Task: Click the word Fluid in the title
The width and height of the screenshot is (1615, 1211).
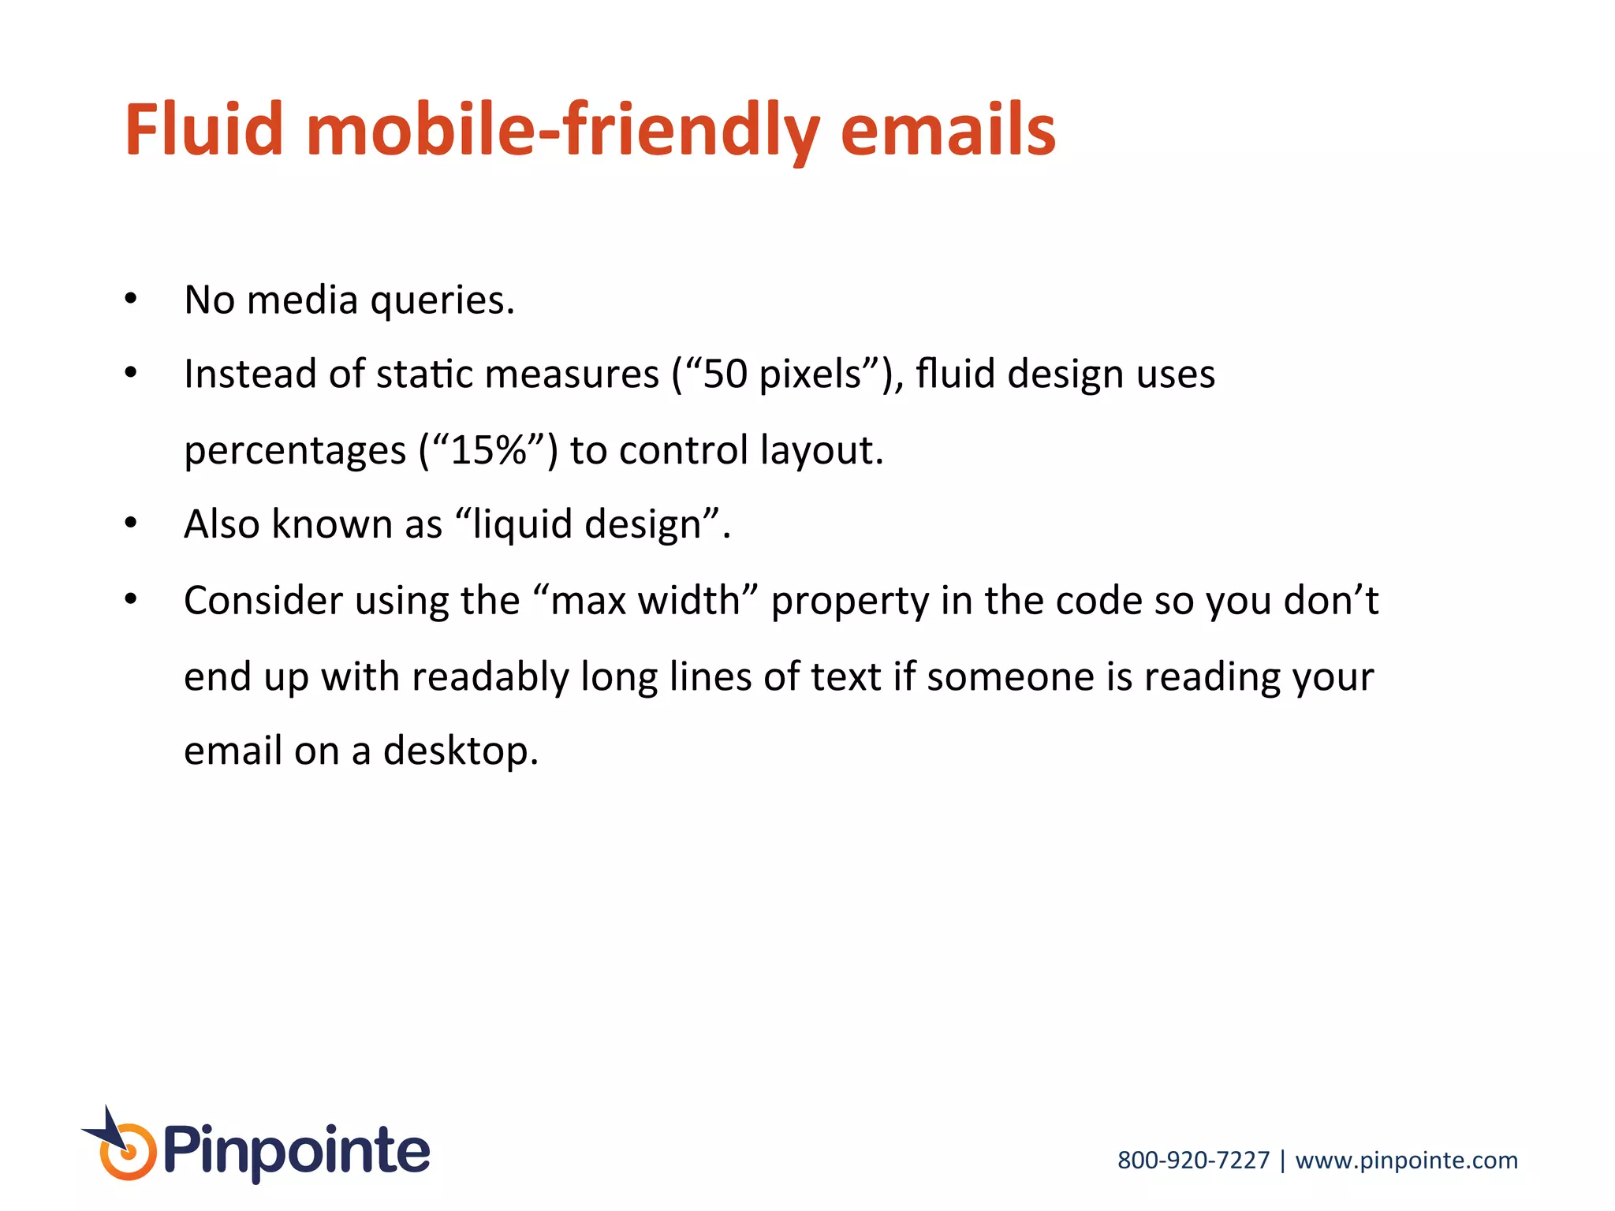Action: pos(203,129)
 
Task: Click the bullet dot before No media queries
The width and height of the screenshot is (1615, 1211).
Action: pos(131,299)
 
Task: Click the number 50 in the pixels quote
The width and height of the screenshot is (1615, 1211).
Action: pos(725,374)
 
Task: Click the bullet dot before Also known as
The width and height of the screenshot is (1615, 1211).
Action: pos(131,523)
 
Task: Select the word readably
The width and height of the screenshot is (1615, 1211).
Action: pos(490,677)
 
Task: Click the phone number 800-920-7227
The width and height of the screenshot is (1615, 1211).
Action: pos(1193,1160)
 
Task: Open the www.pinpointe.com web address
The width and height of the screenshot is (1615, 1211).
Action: pos(1406,1161)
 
